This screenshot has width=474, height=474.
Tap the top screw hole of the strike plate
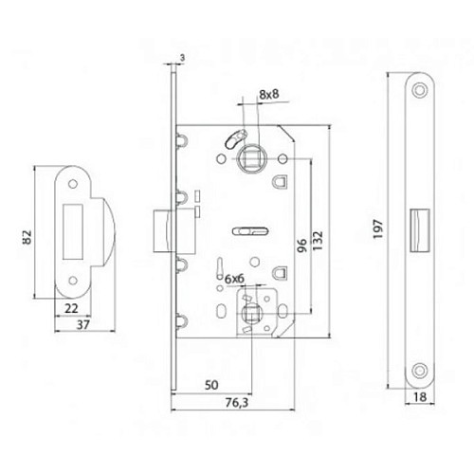[x=74, y=181]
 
